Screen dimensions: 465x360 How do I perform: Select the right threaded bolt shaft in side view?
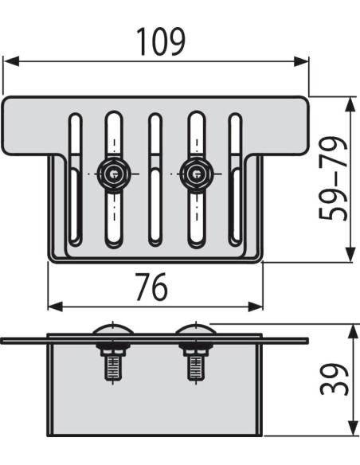point(193,367)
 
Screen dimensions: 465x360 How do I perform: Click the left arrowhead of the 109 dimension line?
point(10,61)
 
